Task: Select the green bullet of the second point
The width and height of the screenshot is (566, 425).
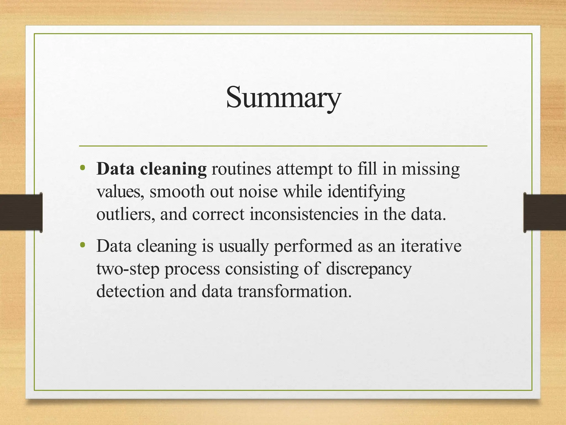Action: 82,245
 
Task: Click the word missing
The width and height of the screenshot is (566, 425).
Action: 431,169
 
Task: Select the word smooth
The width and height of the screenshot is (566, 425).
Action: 177,191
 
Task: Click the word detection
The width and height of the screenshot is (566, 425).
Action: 130,291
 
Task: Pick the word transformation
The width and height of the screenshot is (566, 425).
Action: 295,291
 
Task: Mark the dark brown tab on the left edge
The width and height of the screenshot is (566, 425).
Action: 21,212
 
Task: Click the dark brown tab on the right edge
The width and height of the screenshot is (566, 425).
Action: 545,212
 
